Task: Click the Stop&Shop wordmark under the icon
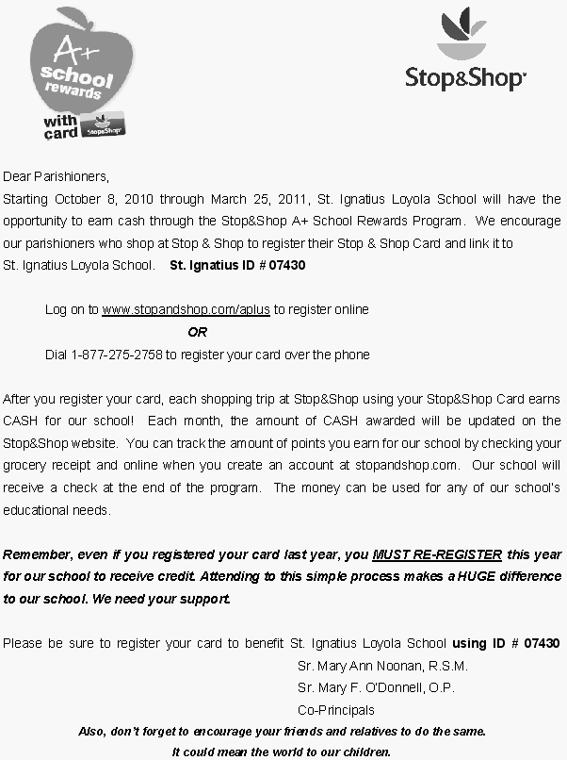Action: click(x=465, y=76)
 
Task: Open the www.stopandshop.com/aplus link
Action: click(x=186, y=309)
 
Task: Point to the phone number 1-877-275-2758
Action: click(x=117, y=355)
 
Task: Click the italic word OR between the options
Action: click(x=197, y=332)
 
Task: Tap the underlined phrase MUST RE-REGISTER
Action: click(x=437, y=554)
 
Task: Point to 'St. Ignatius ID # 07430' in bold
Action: click(x=237, y=266)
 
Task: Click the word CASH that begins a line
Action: click(x=21, y=421)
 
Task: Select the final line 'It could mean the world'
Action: click(x=281, y=752)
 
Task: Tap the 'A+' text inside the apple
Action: click(x=72, y=46)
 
